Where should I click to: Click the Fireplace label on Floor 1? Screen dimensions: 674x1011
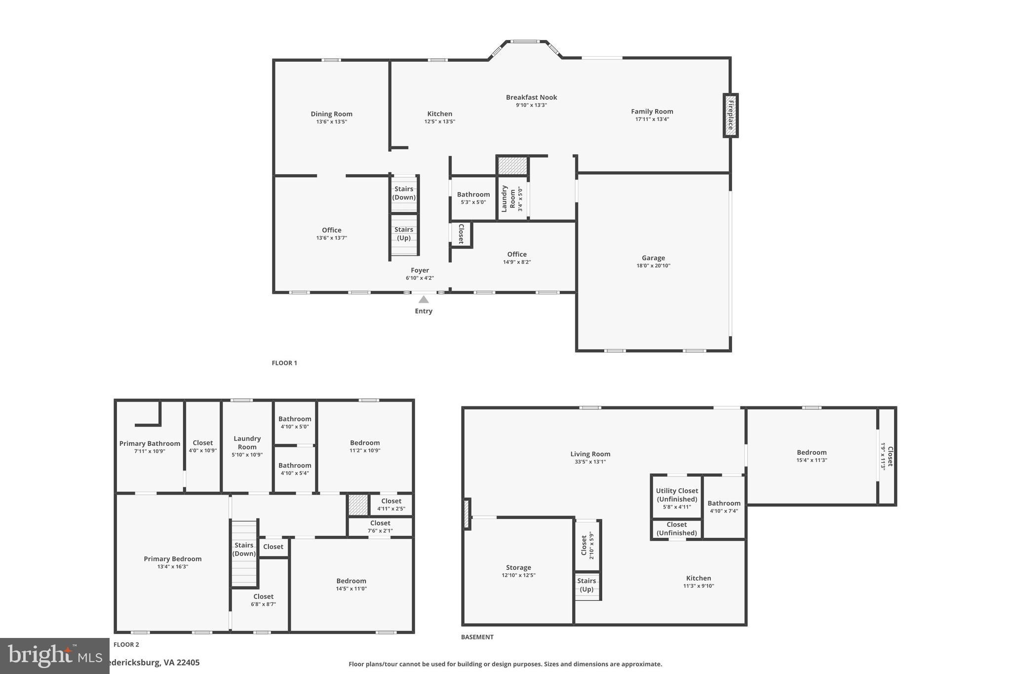(x=731, y=115)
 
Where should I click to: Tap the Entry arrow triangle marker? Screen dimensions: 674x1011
(x=424, y=299)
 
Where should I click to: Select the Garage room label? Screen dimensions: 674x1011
(x=653, y=258)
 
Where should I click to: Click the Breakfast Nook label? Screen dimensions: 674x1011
(x=531, y=97)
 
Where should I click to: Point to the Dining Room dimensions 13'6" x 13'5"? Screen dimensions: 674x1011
(x=331, y=121)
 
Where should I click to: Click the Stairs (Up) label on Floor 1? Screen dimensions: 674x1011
(x=404, y=234)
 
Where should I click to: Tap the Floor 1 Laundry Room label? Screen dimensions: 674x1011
(x=508, y=198)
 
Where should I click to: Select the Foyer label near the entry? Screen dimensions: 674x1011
(x=420, y=270)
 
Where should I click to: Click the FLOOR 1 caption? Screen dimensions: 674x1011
(x=284, y=363)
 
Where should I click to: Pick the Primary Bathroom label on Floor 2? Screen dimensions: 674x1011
(x=150, y=443)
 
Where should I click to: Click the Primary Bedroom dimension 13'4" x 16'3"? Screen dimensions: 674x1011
(x=172, y=566)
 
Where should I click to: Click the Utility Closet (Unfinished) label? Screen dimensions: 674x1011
(x=677, y=495)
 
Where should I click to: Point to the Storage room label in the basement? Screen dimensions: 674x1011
(x=518, y=567)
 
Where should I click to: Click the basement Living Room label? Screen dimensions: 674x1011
(x=590, y=454)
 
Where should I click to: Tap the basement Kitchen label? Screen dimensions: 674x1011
(x=699, y=578)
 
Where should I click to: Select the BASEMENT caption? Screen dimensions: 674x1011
(x=477, y=637)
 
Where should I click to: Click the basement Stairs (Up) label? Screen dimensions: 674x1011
(x=586, y=585)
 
